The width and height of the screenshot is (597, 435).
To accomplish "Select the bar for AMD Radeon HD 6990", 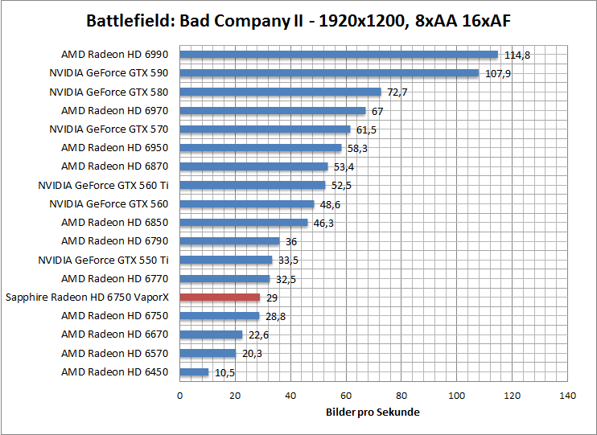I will tap(339, 55).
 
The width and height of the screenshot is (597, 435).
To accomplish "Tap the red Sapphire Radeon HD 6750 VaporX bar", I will tap(220, 298).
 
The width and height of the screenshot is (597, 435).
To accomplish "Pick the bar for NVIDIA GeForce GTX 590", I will tap(329, 73).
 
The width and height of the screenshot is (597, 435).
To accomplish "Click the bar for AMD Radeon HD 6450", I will tap(194, 371).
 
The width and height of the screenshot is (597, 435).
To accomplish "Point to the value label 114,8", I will tap(517, 55).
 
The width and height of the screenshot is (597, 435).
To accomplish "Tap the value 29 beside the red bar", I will tap(272, 298).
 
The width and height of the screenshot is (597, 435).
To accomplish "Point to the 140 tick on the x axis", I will tap(568, 396).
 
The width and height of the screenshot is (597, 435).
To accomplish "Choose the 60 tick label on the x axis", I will tap(346, 396).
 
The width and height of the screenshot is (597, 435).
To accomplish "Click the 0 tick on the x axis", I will tap(179, 396).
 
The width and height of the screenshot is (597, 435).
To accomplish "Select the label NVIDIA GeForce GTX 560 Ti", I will tap(103, 185).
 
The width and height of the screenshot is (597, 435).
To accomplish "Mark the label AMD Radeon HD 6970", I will tap(115, 110).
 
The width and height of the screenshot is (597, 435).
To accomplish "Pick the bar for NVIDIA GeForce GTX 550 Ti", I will tap(226, 260).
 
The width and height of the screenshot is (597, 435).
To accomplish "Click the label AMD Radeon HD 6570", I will tap(115, 353).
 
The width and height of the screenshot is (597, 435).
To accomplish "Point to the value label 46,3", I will tap(323, 223).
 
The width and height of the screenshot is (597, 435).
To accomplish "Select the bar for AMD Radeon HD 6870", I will tap(253, 166).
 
